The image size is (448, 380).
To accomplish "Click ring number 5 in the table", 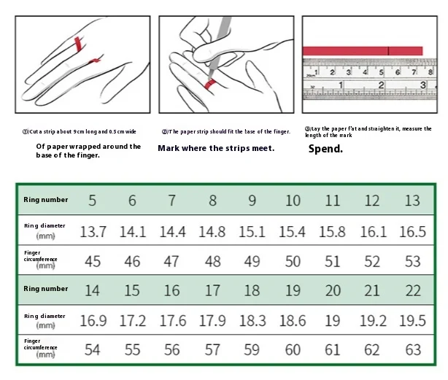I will click(x=93, y=201).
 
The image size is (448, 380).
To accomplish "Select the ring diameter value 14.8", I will click(x=212, y=232).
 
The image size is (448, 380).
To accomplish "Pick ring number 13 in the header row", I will click(x=412, y=201).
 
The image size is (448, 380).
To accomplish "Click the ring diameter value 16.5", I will click(x=412, y=232).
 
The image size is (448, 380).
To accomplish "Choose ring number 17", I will click(x=212, y=290).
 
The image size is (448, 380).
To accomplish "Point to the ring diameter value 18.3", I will click(x=252, y=321).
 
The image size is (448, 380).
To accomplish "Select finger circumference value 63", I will click(x=412, y=350).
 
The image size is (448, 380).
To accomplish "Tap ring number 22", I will click(x=412, y=290).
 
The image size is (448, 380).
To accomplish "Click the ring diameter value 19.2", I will click(x=372, y=321).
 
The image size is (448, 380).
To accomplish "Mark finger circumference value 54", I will click(x=93, y=350).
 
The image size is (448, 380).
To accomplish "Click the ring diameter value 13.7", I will click(x=93, y=232).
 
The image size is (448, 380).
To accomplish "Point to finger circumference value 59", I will click(x=252, y=350).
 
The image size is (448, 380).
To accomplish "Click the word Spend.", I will click(x=325, y=149).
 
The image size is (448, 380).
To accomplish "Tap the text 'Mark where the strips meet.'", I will click(x=216, y=148).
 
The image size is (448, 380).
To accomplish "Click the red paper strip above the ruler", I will click(x=363, y=50).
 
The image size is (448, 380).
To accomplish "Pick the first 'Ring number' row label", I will click(x=46, y=200).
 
